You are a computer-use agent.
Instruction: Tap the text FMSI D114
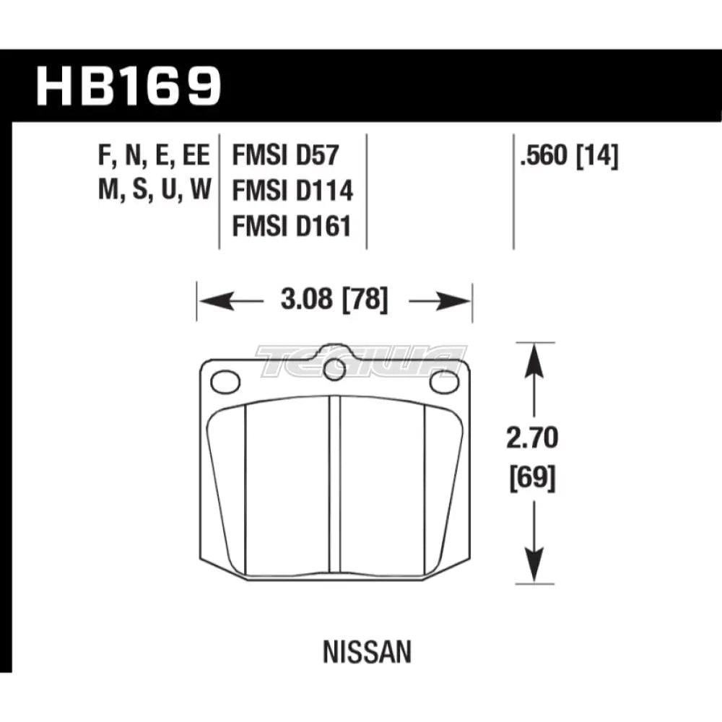[292, 191]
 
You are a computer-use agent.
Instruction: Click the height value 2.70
[533, 438]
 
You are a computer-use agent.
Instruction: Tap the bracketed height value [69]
[533, 478]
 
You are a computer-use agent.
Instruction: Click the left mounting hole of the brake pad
[225, 381]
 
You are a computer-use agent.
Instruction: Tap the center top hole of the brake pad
[334, 369]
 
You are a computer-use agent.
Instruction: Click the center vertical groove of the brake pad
[334, 487]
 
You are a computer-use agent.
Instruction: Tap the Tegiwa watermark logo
[361, 359]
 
